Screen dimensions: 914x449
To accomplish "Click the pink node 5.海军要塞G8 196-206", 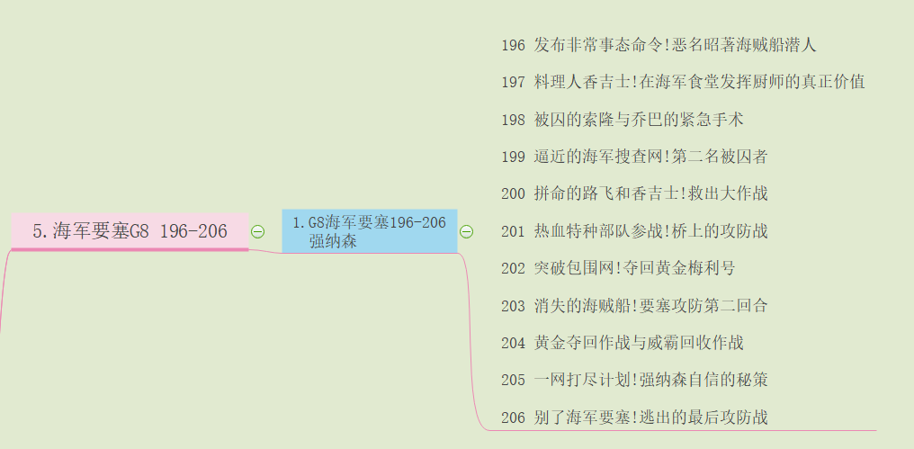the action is point(130,231).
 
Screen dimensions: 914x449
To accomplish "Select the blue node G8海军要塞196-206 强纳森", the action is point(369,231).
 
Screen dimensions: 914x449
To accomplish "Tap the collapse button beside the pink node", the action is point(257,231).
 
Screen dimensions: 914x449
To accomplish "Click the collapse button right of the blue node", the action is point(466,231).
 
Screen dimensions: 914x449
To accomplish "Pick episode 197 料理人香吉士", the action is point(683,82).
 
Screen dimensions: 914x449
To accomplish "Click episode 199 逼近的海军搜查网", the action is point(634,157).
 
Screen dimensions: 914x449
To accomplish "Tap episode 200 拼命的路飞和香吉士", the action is point(634,193).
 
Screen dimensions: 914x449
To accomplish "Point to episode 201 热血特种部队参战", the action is point(634,231).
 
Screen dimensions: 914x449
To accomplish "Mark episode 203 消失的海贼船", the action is point(634,306).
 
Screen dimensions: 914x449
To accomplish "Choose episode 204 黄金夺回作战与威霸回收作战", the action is point(622,343).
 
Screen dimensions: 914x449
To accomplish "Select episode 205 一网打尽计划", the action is point(634,380).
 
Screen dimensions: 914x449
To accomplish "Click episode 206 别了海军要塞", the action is point(634,418).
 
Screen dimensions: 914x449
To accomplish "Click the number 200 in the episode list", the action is point(513,193).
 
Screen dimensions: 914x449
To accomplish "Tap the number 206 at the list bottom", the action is point(513,418).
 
